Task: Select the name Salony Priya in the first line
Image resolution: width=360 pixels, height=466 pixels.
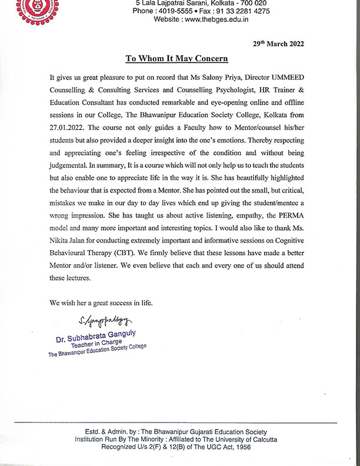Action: pos(241,77)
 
